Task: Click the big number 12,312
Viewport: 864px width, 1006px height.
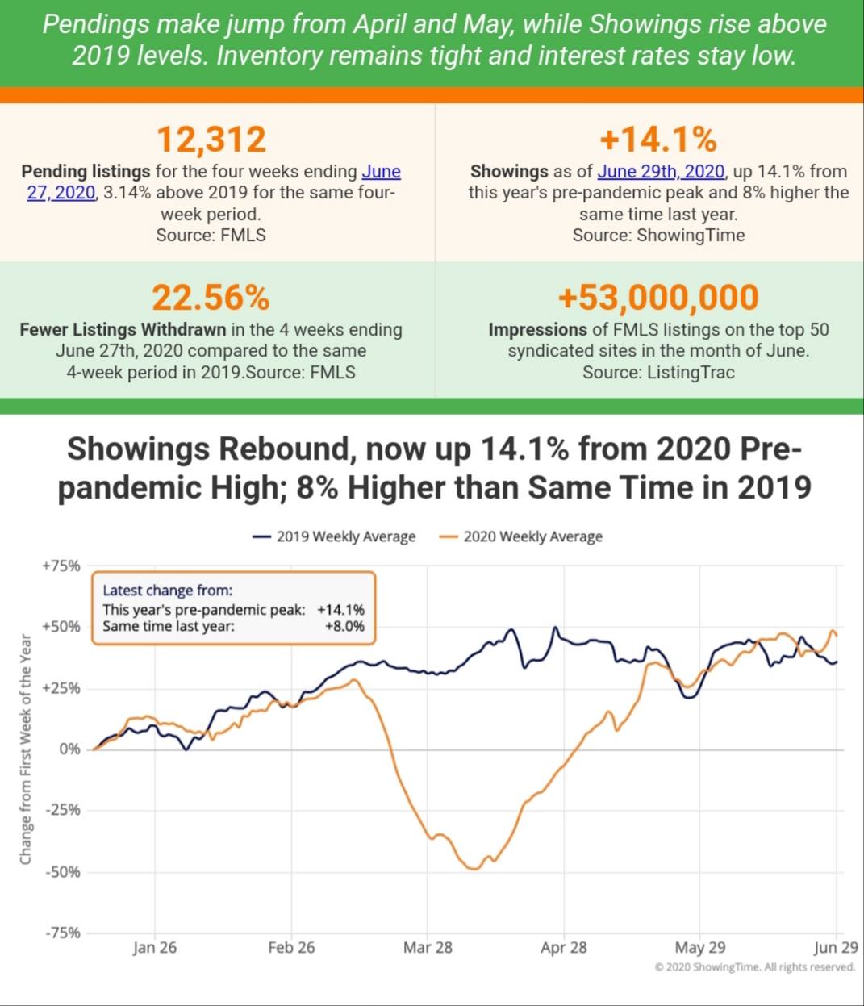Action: pyautogui.click(x=211, y=140)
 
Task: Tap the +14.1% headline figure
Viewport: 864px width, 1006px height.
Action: pyautogui.click(x=658, y=140)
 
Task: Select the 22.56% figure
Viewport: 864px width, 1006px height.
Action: pyautogui.click(x=211, y=298)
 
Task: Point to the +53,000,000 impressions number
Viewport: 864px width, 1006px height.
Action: pyautogui.click(x=658, y=298)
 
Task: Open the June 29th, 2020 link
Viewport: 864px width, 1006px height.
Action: pyautogui.click(x=661, y=171)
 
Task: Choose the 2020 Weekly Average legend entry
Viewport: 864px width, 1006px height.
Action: pyautogui.click(x=521, y=536)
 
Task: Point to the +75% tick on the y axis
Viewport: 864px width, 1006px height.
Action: pyautogui.click(x=61, y=566)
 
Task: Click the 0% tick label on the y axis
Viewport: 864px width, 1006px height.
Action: pyautogui.click(x=69, y=749)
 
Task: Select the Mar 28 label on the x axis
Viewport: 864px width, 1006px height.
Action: pyautogui.click(x=428, y=948)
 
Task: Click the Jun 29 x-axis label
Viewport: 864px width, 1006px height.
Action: pyautogui.click(x=836, y=948)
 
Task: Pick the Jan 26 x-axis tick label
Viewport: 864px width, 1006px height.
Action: pyautogui.click(x=155, y=948)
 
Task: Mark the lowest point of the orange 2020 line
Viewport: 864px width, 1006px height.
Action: pyautogui.click(x=474, y=869)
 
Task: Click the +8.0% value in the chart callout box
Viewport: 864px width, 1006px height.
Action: pyautogui.click(x=344, y=626)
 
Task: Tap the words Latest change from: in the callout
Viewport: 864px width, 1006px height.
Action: pyautogui.click(x=168, y=591)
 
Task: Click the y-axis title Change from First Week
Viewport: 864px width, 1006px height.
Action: pyautogui.click(x=25, y=749)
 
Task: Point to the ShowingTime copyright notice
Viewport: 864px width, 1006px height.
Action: pyautogui.click(x=755, y=966)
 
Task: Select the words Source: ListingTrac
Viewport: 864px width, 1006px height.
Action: pyautogui.click(x=658, y=373)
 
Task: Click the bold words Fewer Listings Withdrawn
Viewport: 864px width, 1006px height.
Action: pyautogui.click(x=123, y=329)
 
